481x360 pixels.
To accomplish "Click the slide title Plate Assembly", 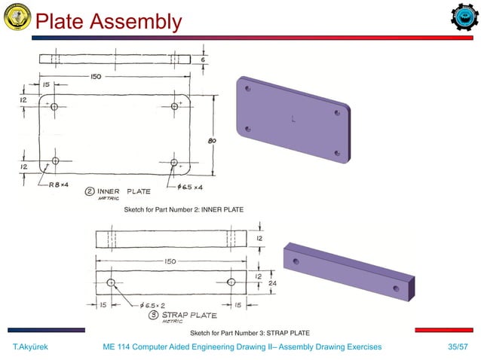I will (109, 22).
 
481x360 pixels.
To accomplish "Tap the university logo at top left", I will (17, 18).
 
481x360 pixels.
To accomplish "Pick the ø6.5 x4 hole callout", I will (190, 186).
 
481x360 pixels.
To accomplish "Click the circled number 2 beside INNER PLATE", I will (89, 191).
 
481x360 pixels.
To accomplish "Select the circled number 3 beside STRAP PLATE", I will (152, 315).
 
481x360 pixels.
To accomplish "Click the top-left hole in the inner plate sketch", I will (54, 108).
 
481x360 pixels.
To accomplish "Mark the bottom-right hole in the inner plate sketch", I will (173, 162).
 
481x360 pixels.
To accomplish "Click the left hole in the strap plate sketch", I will (111, 282).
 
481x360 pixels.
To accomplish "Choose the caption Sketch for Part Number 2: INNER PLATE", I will (183, 208).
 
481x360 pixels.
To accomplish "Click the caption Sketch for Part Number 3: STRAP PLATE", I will (249, 332).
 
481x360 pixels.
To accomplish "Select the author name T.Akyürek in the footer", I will (32, 346).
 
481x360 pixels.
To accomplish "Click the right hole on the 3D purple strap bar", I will (396, 288).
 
